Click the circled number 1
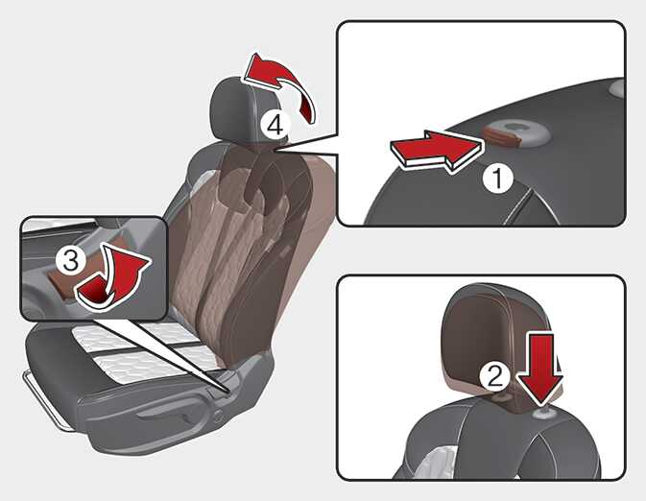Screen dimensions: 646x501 click(x=497, y=178)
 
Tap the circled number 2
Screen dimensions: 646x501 click(x=494, y=376)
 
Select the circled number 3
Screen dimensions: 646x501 click(x=71, y=260)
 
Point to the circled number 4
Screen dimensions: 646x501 click(x=275, y=124)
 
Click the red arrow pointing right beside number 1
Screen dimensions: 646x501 click(x=436, y=152)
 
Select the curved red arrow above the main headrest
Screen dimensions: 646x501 click(x=284, y=83)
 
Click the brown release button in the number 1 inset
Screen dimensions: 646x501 click(x=502, y=136)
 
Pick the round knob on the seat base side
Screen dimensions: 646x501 click(x=218, y=416)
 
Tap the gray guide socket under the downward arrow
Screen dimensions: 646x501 click(x=544, y=413)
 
